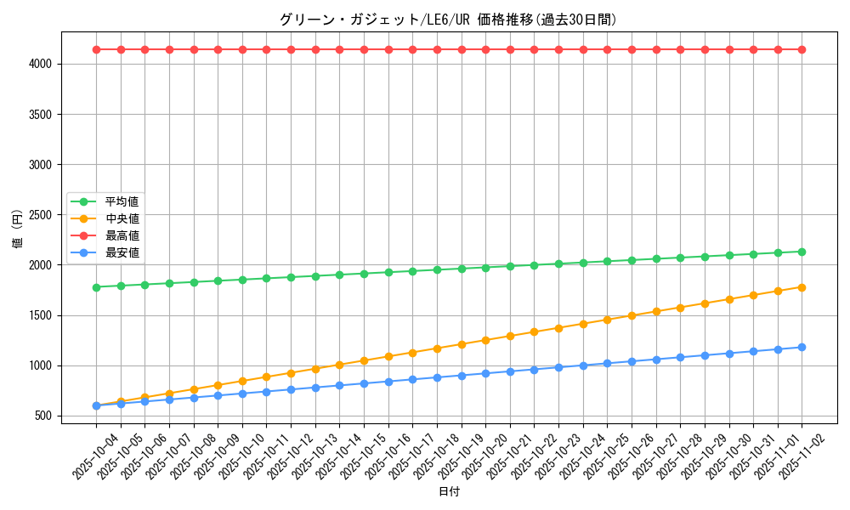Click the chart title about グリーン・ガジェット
click(x=448, y=20)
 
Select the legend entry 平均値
click(x=122, y=201)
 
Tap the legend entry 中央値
click(x=122, y=218)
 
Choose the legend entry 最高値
click(x=122, y=235)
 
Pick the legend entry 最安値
click(x=122, y=252)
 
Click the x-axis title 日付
click(x=449, y=492)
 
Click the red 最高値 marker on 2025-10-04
click(x=96, y=49)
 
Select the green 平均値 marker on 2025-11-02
click(x=802, y=252)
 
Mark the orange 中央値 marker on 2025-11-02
click(x=802, y=287)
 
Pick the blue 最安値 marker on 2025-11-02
click(x=802, y=347)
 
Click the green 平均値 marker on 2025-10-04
click(x=96, y=287)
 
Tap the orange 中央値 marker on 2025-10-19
click(x=462, y=344)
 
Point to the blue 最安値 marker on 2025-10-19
click(x=462, y=376)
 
